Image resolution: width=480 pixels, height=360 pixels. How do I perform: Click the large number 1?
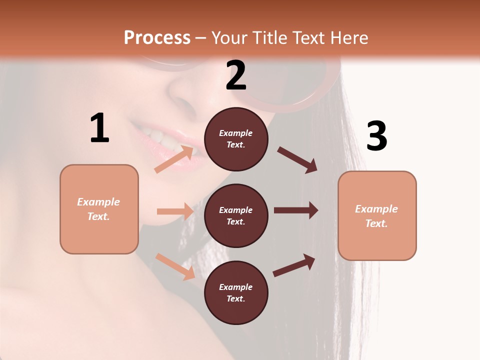coord(99,128)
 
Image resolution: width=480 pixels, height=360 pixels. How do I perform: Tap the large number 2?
coord(236,75)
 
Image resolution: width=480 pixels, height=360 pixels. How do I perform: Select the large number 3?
coord(376,136)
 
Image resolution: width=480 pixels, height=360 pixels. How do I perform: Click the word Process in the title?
coord(157,37)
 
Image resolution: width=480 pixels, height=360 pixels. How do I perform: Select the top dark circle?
coord(236,139)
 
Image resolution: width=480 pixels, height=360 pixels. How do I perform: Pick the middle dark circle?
coord(236,215)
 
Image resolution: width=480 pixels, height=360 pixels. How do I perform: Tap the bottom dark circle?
coord(236,292)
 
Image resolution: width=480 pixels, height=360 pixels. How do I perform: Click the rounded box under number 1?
coord(99,209)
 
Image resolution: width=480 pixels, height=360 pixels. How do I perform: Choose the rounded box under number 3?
coord(377,215)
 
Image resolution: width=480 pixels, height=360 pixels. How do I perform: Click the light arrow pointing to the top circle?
coord(174,159)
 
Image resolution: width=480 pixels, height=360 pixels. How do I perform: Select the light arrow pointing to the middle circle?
coord(175,211)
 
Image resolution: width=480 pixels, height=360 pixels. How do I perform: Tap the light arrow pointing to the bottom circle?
coord(175,266)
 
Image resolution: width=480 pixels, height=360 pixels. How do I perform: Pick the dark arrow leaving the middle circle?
coord(296,210)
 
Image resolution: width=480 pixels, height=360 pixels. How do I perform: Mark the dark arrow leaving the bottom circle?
coord(294,265)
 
